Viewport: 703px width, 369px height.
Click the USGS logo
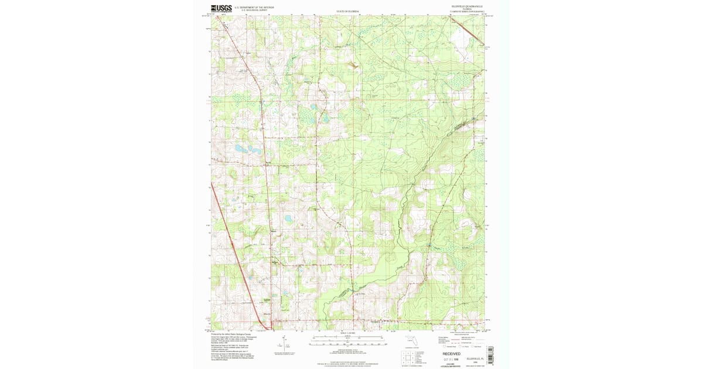(x=221, y=9)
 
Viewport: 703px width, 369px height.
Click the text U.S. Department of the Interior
(x=254, y=8)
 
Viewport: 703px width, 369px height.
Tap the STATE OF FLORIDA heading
(x=348, y=12)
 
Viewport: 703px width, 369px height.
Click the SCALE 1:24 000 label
(x=348, y=334)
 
